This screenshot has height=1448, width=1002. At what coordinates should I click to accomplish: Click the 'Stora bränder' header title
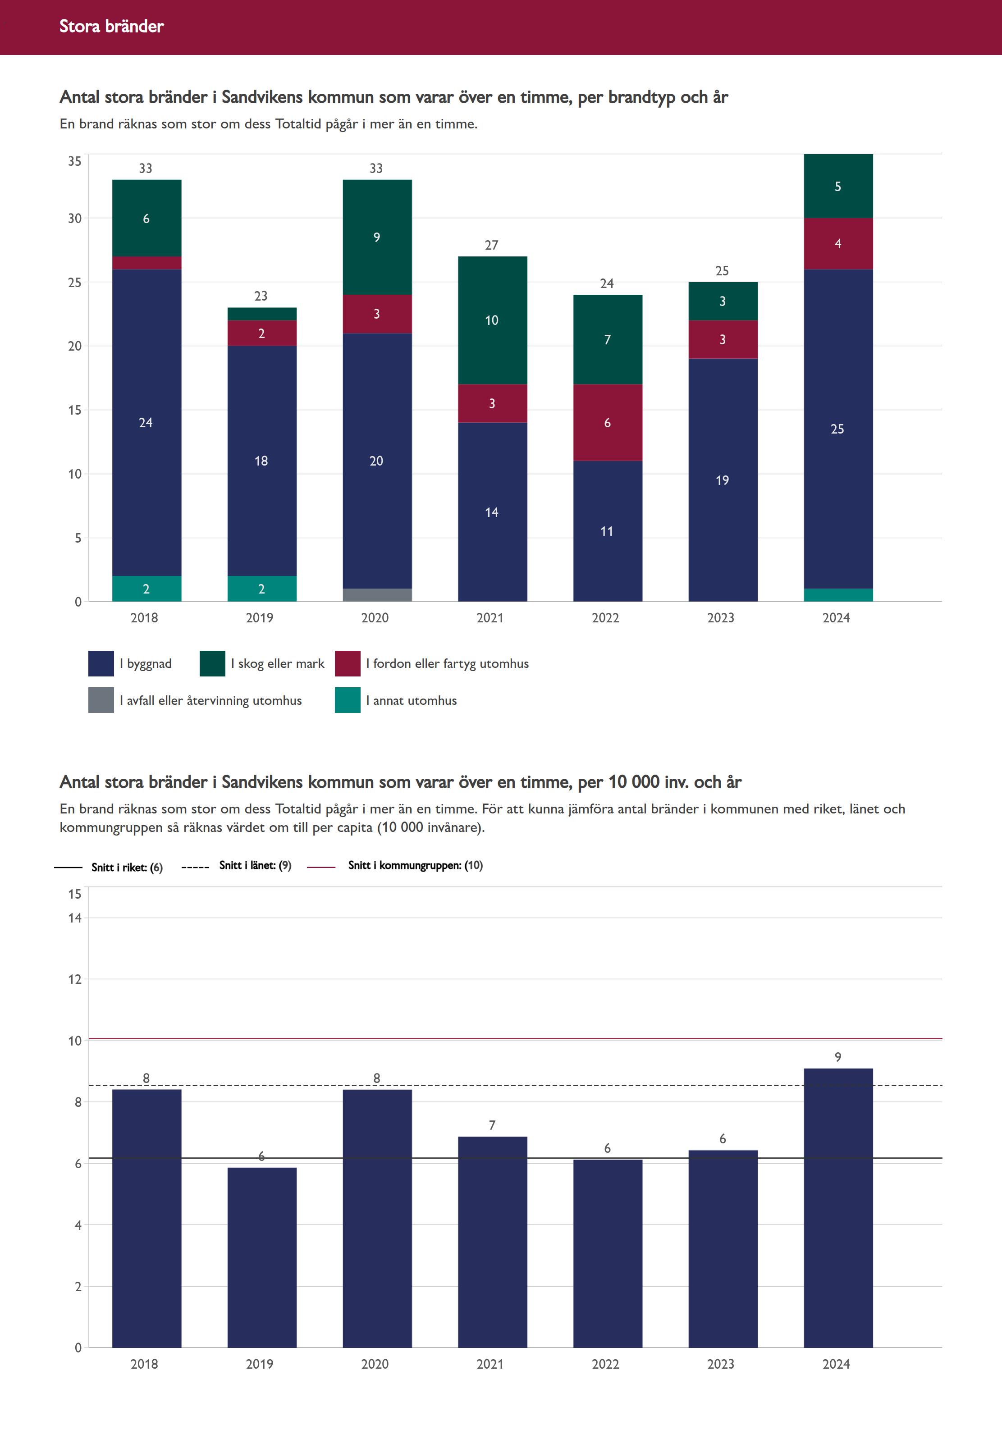tap(111, 26)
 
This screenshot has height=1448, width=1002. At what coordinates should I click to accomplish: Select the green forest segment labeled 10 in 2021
tap(492, 320)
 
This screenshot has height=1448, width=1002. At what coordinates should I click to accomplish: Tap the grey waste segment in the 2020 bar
tap(377, 594)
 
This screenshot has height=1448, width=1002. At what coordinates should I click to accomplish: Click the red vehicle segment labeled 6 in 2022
tap(607, 422)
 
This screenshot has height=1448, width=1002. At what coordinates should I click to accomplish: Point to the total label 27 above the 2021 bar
tap(492, 245)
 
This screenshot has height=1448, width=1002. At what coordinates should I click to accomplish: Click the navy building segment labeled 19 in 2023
tap(723, 480)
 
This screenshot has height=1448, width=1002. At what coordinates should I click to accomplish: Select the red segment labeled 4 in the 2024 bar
tap(838, 243)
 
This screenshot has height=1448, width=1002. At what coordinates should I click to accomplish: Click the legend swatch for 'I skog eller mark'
tap(212, 663)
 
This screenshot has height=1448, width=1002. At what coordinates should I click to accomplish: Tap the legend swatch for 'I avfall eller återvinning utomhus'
tap(101, 700)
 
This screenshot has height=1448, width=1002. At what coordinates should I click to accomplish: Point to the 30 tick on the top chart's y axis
tap(75, 219)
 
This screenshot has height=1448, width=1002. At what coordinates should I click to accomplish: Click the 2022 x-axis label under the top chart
tap(605, 617)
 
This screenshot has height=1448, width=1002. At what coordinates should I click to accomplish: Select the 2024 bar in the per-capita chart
tap(838, 1208)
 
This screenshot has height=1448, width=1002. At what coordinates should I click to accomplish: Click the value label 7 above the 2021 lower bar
tap(492, 1125)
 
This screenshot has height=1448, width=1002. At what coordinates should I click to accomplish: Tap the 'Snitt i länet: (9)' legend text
tap(255, 866)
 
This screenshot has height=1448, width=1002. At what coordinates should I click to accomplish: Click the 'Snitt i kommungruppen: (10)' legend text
tap(415, 866)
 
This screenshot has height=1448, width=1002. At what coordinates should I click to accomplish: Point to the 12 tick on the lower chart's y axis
tap(75, 979)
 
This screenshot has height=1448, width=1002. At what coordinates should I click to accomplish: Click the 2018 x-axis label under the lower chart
tap(144, 1364)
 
